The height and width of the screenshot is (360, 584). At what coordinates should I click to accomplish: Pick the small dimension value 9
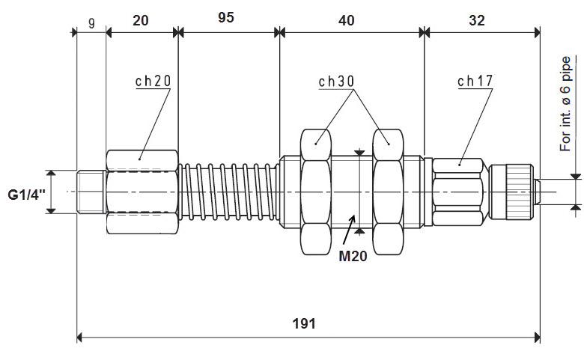pos(91,22)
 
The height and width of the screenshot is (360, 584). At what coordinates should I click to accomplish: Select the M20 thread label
pos(352,256)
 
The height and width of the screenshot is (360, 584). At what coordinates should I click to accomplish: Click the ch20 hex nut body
pos(142,192)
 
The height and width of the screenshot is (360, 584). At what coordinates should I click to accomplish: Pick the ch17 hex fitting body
pos(460,192)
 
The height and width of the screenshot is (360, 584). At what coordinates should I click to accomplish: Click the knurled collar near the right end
pos(517,192)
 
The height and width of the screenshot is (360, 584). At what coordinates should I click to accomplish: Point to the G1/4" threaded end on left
pos(91,192)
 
